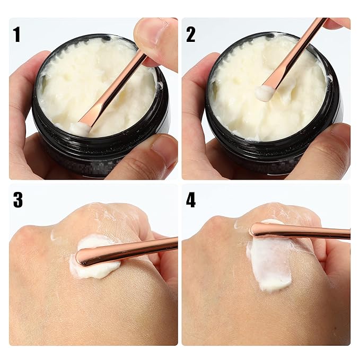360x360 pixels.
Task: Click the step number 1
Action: coord(17,34)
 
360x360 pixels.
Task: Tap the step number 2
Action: coord(190,34)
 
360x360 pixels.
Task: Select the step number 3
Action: coord(18,200)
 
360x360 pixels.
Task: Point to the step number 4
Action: coord(191,200)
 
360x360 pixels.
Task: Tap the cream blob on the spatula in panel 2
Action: coord(265,93)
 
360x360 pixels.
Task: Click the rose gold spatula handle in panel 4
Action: coord(308,232)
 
